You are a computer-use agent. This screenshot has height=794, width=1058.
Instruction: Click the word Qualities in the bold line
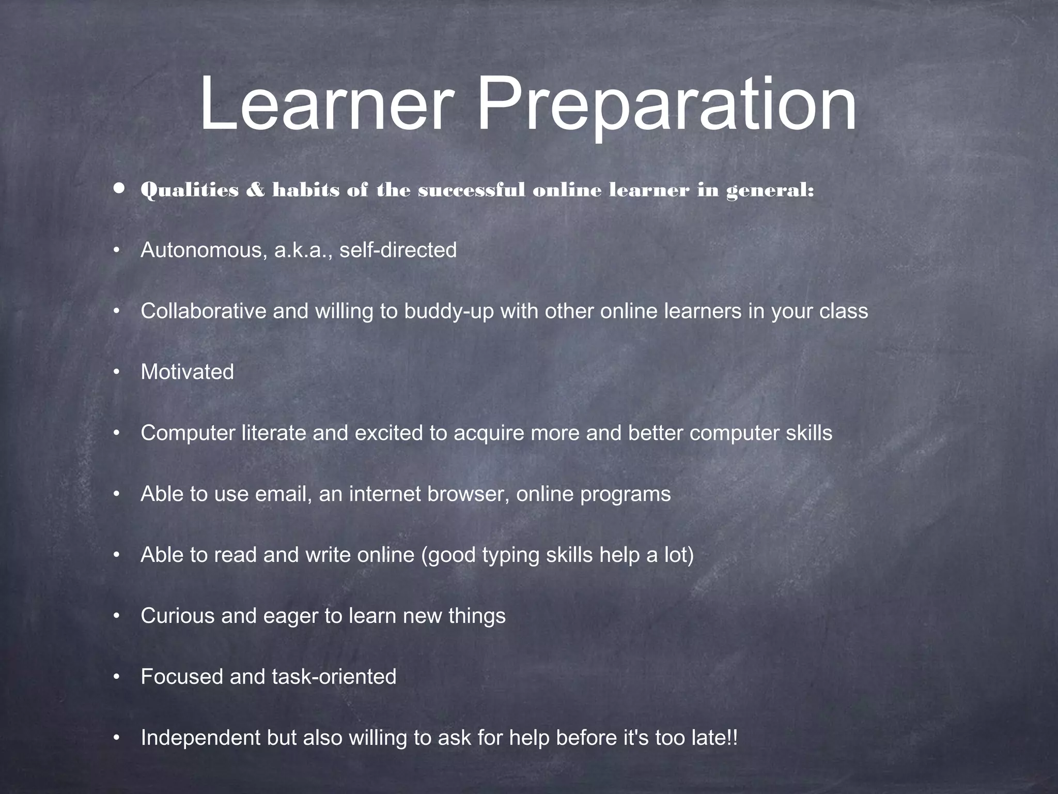[190, 190]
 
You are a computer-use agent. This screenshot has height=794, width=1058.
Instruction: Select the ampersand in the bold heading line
[255, 190]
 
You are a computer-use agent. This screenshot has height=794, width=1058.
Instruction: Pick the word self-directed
[398, 251]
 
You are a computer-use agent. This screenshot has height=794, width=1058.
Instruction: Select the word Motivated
[187, 372]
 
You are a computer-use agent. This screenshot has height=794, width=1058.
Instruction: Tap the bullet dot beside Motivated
[117, 372]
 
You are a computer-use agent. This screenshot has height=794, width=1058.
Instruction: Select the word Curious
[177, 616]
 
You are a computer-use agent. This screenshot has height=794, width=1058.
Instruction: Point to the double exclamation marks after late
[732, 738]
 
